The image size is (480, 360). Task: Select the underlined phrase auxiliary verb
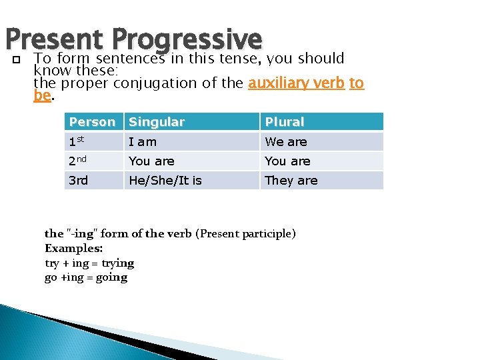pos(296,83)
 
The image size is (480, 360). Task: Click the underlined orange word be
pos(42,96)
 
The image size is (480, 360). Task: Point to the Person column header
pos(92,122)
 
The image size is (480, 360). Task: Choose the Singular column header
pos(157,122)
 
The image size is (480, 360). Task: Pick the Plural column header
pos(285,122)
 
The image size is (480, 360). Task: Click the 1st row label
pos(77,141)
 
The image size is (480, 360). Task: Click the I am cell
pos(142,142)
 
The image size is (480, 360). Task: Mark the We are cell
pos(286,142)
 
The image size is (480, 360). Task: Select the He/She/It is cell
pos(165,181)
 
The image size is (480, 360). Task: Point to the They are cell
pos(291,181)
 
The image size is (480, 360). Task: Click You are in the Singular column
pos(151,161)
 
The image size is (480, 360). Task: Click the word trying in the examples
pos(117,263)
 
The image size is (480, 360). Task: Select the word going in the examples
pos(111,277)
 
